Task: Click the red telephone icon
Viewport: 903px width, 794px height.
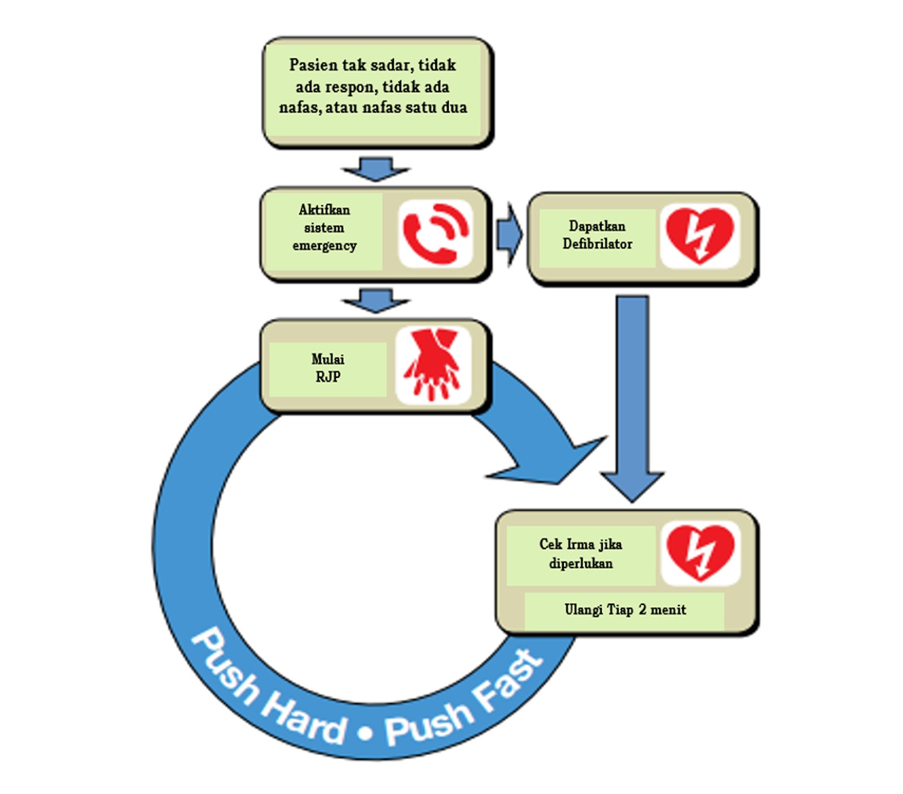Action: click(436, 234)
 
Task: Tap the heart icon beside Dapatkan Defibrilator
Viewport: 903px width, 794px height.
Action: click(700, 235)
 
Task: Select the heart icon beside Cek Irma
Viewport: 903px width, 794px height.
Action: click(700, 553)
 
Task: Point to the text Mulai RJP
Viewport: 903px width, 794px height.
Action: click(328, 368)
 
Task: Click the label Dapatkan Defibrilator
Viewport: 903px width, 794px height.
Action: click(597, 235)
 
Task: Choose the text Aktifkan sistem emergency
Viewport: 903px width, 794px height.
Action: click(325, 228)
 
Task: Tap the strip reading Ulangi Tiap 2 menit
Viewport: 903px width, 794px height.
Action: click(625, 609)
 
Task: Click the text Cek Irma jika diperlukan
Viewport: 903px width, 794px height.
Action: click(581, 553)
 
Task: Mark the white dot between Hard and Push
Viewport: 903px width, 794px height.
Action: click(366, 733)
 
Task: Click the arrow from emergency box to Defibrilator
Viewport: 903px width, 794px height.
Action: click(510, 234)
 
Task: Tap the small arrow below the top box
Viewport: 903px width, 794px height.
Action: click(376, 169)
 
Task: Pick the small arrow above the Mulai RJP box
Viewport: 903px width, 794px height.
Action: click(376, 300)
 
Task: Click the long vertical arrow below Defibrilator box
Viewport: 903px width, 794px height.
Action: click(632, 399)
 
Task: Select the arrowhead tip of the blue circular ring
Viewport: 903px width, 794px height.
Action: click(606, 437)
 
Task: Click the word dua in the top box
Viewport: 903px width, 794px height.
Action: click(454, 107)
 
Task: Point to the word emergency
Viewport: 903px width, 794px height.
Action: click(325, 246)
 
